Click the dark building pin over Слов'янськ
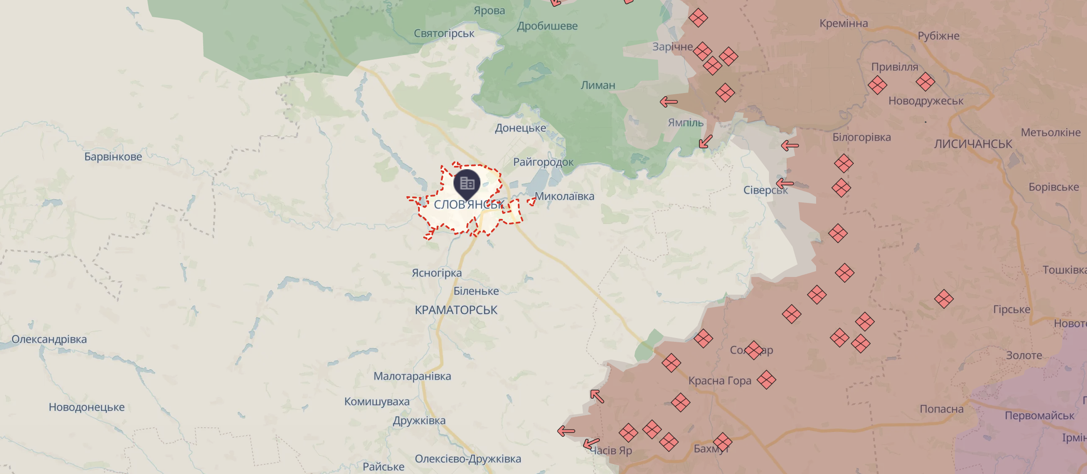(x=467, y=184)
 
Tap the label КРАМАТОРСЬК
(x=456, y=310)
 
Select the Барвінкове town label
(x=113, y=157)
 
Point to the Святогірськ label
(x=444, y=33)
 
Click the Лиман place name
(x=598, y=85)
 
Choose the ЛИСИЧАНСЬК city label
(x=973, y=144)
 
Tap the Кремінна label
(x=843, y=23)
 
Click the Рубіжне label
(x=939, y=36)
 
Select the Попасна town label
(x=941, y=409)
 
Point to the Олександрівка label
(x=49, y=339)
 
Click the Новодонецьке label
(x=87, y=407)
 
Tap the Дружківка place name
(x=419, y=421)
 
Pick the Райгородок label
(x=543, y=162)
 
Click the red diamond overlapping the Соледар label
(x=754, y=350)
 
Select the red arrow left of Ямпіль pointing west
(x=669, y=102)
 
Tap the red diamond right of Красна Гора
(x=766, y=380)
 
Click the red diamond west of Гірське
(x=944, y=299)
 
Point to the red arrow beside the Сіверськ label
(x=785, y=184)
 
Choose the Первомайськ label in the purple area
(x=1039, y=416)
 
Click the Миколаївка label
(x=565, y=196)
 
